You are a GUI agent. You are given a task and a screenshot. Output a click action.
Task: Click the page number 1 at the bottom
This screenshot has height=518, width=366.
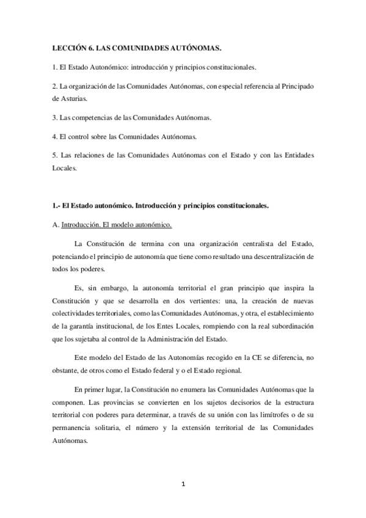[x=183, y=484]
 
